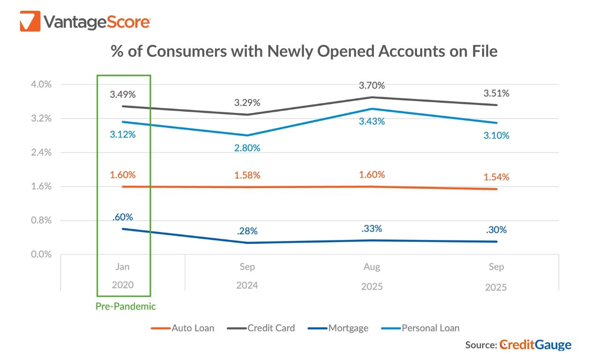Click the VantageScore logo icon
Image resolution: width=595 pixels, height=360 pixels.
point(30,21)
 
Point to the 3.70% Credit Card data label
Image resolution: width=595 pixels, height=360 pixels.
point(372,85)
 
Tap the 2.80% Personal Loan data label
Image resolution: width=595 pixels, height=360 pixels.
point(247,148)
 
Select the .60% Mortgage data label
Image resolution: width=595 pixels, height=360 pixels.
point(123,217)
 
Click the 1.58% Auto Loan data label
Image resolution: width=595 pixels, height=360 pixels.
point(247,175)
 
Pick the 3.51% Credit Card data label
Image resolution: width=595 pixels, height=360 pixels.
point(497,93)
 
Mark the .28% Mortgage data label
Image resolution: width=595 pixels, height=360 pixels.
point(247,231)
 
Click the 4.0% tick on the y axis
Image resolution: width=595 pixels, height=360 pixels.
point(41,84)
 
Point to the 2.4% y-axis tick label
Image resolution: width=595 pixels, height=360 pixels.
point(41,152)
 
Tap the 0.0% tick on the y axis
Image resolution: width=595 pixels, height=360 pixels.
point(41,255)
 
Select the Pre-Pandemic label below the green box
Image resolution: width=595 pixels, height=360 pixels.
point(126,307)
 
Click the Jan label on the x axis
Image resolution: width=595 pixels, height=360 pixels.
point(123,267)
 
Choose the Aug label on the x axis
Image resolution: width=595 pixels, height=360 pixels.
point(372,267)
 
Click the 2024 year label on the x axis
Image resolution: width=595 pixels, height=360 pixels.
point(247,285)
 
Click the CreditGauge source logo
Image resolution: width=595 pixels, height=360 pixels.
point(535,345)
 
